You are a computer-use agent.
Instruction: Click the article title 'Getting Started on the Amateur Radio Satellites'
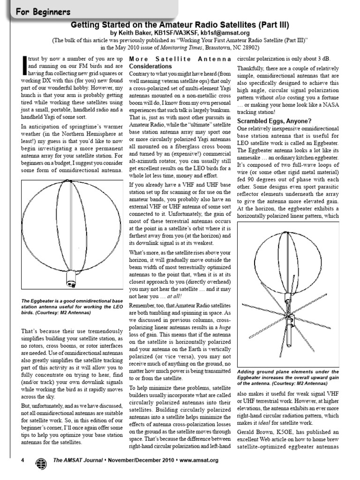pyautogui.click(x=180, y=24)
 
